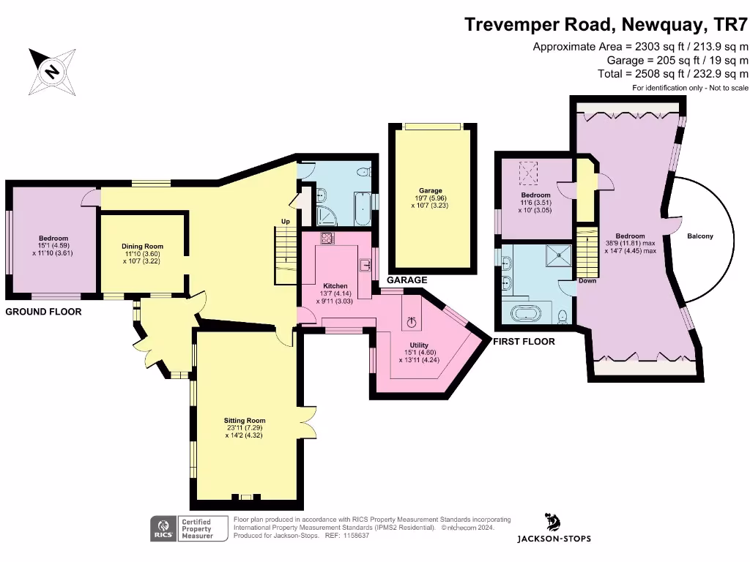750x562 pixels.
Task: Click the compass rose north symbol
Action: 52,72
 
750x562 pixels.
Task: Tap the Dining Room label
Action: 142,247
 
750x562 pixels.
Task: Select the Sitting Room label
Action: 245,421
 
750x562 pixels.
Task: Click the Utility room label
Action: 419,345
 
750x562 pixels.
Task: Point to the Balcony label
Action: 699,236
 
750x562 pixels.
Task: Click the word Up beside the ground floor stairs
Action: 286,221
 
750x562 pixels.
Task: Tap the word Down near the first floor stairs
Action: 587,280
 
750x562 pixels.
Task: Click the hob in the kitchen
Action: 327,238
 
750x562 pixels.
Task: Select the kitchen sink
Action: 365,264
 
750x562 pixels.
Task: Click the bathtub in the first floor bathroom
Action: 526,314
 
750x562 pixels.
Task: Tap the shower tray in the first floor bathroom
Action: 559,256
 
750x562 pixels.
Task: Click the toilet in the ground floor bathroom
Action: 365,171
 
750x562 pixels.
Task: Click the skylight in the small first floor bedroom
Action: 528,173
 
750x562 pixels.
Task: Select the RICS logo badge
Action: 163,528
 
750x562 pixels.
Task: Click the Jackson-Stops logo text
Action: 554,539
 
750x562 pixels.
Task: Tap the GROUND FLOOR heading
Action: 43,312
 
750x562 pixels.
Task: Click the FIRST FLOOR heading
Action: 524,342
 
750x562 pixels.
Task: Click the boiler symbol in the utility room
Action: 412,323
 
